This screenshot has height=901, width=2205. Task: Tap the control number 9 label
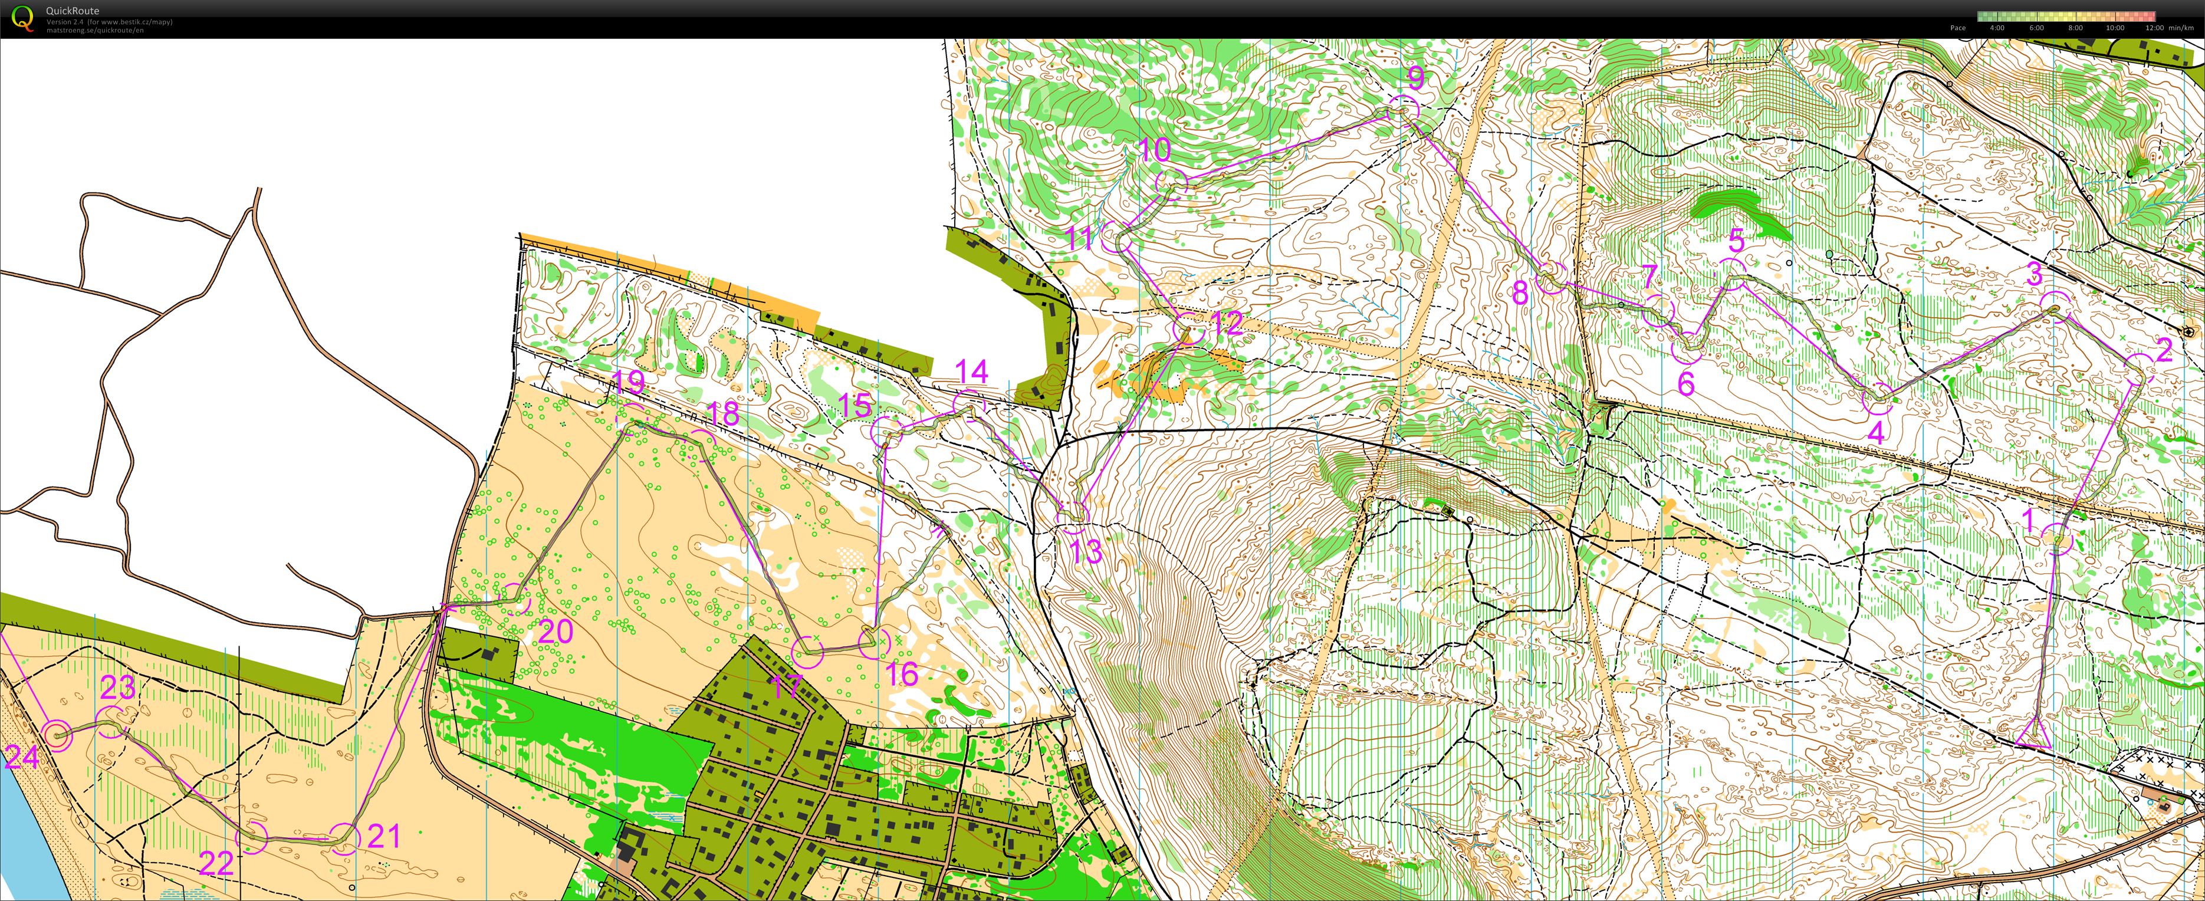click(1416, 78)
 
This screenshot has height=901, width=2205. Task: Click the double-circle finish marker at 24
click(57, 734)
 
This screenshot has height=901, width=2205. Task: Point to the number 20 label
click(556, 632)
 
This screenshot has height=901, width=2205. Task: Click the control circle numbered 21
click(344, 838)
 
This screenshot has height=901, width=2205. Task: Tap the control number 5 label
click(1736, 241)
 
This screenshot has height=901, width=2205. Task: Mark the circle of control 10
click(1172, 183)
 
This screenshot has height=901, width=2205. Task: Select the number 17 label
click(786, 686)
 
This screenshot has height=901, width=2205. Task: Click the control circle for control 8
click(1551, 278)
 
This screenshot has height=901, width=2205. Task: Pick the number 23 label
click(118, 687)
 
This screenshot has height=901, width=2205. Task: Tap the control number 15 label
click(855, 405)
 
